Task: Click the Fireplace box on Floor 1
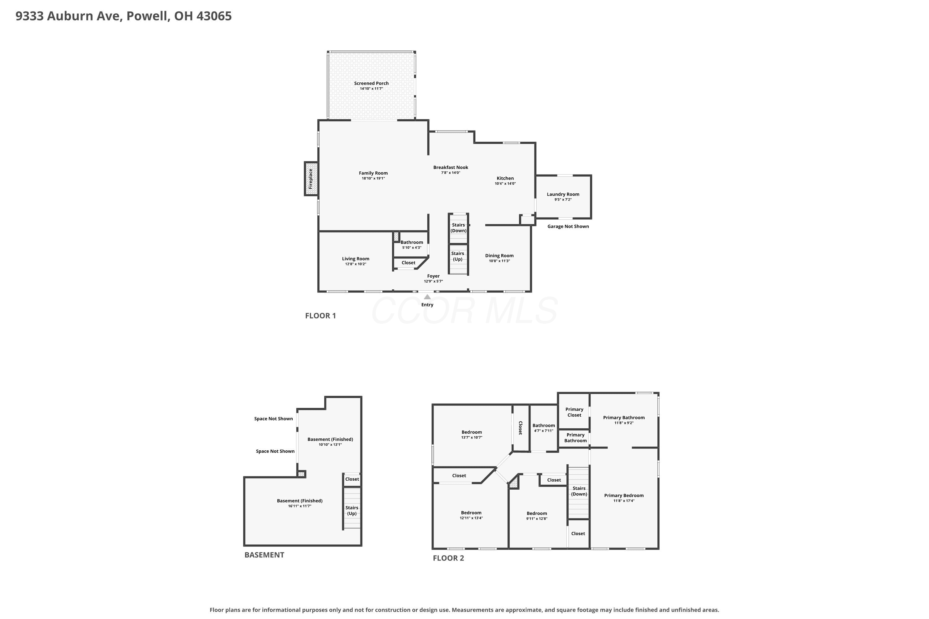coord(311,179)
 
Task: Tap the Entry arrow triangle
coord(427,297)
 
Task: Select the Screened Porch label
coord(371,83)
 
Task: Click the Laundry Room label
coord(563,194)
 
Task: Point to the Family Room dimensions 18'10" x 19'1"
coord(373,179)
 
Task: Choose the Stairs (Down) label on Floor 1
coord(459,228)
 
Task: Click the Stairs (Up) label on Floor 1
coord(458,256)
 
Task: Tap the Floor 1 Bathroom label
coord(412,242)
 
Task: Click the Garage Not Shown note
coord(568,226)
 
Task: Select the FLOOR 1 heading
coord(320,315)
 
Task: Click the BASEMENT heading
coord(264,555)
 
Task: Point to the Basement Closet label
coord(352,479)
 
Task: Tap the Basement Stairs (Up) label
coord(352,510)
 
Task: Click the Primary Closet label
coord(574,412)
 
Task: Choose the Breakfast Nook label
coord(451,167)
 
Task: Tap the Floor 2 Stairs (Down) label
coord(579,491)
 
